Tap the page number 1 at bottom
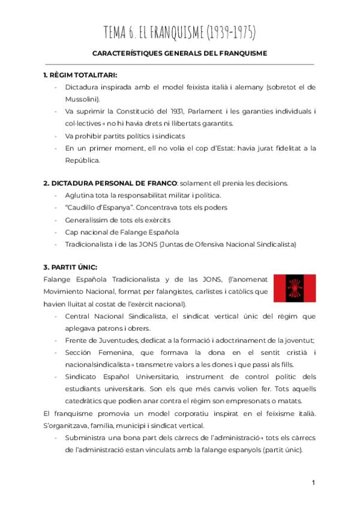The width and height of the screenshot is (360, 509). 314,482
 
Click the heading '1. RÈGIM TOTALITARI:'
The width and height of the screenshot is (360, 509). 80,75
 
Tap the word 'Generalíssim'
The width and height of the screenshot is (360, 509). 88,219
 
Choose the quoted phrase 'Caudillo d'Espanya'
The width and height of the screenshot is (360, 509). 99,207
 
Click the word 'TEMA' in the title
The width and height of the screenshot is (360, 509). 118,31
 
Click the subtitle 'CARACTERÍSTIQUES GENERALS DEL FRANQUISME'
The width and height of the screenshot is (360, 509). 180,53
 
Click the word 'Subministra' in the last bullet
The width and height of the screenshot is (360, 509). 86,438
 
